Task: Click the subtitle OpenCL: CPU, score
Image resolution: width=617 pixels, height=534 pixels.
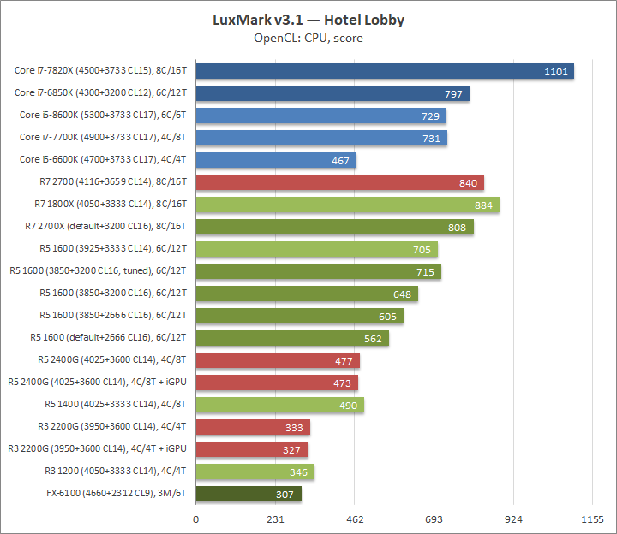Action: (308, 38)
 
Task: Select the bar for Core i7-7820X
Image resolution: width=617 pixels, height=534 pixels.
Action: (385, 71)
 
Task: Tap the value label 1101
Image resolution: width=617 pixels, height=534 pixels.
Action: (556, 71)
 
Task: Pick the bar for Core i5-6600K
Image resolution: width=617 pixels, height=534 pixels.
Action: (276, 160)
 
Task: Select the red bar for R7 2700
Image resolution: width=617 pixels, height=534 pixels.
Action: (339, 182)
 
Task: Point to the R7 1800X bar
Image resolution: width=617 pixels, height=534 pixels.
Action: (347, 205)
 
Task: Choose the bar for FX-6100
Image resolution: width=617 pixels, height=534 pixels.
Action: (249, 494)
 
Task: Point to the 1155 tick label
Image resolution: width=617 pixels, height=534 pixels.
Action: (592, 519)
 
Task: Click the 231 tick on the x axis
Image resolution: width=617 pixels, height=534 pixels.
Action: (275, 519)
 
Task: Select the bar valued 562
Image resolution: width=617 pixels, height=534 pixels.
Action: (292, 338)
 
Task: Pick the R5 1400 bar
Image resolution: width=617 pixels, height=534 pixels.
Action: (279, 405)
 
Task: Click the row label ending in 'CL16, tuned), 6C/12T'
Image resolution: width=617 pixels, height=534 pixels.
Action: (99, 271)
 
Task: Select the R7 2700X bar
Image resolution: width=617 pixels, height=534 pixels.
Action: (334, 227)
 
